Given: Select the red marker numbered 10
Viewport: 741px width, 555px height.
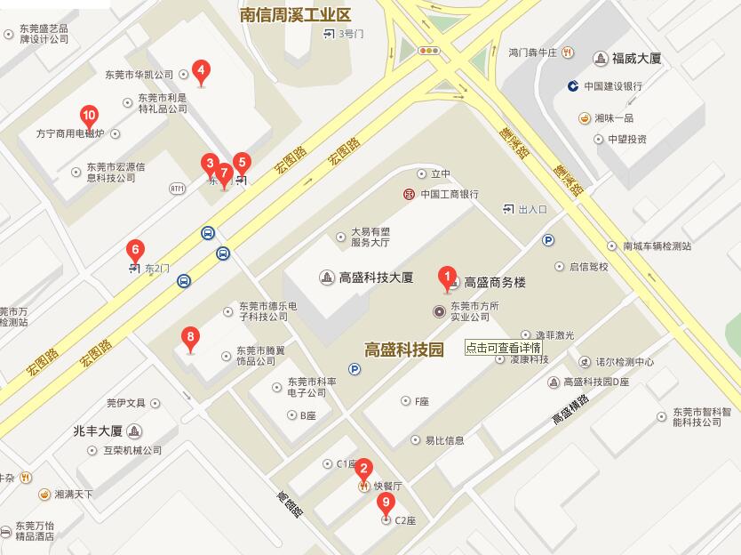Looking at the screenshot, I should click(x=89, y=116).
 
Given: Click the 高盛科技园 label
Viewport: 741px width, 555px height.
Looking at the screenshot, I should click(x=403, y=350).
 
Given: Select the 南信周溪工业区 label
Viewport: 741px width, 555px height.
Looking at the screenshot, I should click(x=296, y=14).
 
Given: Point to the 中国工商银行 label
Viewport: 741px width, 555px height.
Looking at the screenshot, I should click(x=450, y=194).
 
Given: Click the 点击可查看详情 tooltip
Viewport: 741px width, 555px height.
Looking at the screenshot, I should click(x=503, y=348).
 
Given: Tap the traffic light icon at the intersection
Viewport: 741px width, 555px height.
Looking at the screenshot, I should click(x=430, y=51).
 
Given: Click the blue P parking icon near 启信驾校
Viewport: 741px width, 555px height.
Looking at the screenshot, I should click(x=548, y=240).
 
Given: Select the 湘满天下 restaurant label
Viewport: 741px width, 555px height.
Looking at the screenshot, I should click(x=73, y=494).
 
